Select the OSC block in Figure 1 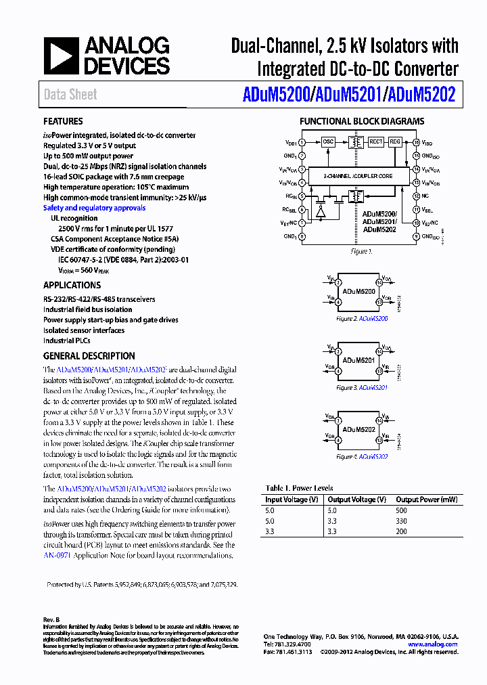coord(328,142)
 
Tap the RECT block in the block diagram coord(376,142)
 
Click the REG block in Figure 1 coord(395,142)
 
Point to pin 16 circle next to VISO coord(416,143)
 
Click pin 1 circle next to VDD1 coord(302,143)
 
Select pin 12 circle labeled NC coord(416,196)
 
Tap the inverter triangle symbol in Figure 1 coord(320,211)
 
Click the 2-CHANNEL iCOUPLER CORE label coord(358,176)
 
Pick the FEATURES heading coord(63,122)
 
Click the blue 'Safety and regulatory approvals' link coord(94,208)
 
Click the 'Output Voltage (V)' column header coord(356,500)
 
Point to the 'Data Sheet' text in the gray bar coord(70,95)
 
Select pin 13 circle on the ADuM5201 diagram coord(379,370)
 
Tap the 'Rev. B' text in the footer coord(51,619)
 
